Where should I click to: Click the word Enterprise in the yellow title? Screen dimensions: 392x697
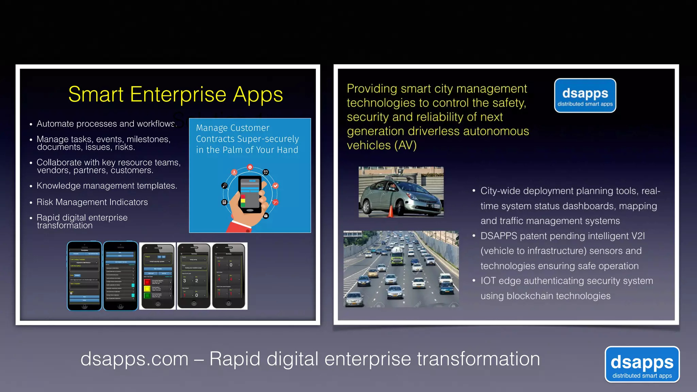[x=178, y=94]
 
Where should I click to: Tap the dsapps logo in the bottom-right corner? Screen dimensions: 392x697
[x=642, y=364]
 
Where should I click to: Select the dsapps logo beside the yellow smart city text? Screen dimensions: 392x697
[x=585, y=96]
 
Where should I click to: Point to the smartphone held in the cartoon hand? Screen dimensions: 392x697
[x=250, y=194]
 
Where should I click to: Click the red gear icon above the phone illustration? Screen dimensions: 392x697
[x=250, y=167]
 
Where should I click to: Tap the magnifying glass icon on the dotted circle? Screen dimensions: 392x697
[x=224, y=185]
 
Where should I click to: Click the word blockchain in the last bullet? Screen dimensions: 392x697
[x=530, y=296]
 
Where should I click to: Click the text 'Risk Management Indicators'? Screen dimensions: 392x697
[x=92, y=202]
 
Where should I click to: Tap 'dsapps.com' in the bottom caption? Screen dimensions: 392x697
[x=134, y=359]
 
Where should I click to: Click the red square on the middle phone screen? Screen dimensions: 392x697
[x=147, y=282]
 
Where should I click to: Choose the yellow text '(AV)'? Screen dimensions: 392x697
[x=405, y=145]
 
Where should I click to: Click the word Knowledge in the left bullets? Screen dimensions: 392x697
[x=59, y=186]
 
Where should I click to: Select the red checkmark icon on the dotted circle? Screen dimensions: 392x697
[x=276, y=186]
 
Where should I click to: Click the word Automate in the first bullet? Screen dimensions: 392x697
[x=55, y=124]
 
